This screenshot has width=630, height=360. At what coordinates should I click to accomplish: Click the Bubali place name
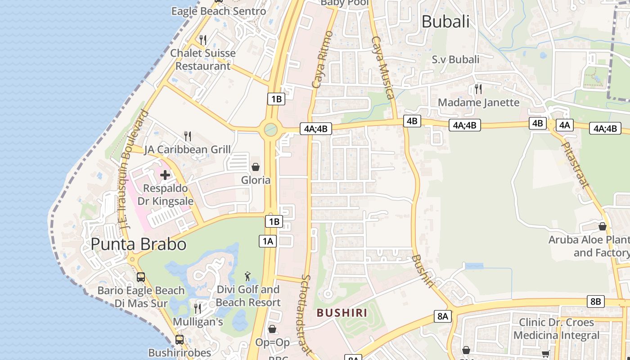(445, 22)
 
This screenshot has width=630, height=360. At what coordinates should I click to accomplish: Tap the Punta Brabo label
(138, 244)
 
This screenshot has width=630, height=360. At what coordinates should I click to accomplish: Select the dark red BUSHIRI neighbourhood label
(342, 313)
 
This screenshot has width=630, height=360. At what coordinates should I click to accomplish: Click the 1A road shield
(267, 241)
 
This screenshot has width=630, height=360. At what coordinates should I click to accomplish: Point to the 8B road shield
(595, 301)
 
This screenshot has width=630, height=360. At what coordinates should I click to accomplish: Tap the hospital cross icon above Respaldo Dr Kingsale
(165, 175)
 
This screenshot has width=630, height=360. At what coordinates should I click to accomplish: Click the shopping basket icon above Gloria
(256, 167)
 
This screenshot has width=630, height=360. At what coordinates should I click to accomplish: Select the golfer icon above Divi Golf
(247, 276)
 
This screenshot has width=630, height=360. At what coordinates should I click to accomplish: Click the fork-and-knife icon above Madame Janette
(478, 89)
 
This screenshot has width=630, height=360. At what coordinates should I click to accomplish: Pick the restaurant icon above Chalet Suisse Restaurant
(203, 40)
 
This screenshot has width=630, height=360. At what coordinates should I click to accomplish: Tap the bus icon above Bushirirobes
(180, 339)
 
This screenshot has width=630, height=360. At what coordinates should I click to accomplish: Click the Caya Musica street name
(383, 67)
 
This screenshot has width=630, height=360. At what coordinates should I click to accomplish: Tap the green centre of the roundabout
(270, 130)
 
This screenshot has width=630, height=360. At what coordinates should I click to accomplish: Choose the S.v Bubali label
(455, 59)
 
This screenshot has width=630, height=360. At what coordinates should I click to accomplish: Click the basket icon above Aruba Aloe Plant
(603, 226)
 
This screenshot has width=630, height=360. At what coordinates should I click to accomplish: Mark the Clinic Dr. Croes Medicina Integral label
(556, 329)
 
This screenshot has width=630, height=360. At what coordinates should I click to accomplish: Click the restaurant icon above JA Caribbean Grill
(188, 136)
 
